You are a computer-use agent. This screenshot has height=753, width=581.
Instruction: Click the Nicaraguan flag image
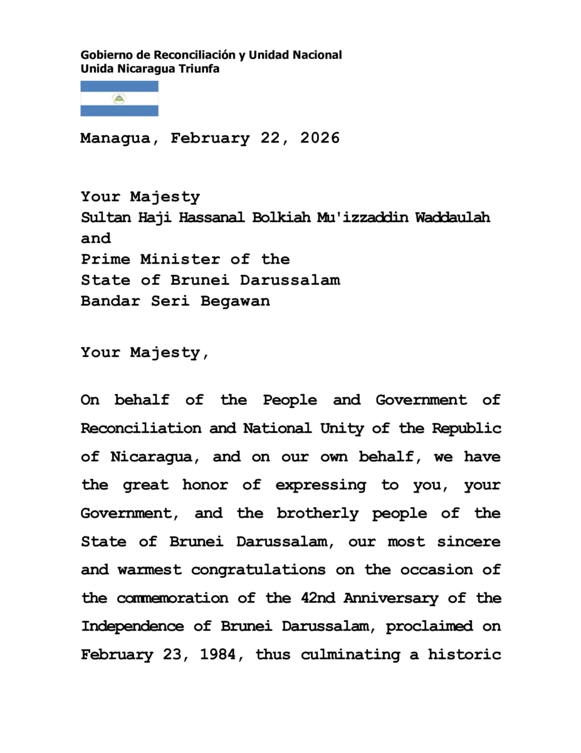click(119, 99)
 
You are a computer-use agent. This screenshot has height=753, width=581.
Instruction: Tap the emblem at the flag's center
click(119, 99)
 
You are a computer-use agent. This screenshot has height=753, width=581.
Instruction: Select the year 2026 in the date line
click(320, 139)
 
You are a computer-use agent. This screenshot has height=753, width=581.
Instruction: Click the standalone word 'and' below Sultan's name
click(95, 238)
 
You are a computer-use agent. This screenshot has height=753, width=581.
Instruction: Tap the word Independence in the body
click(140, 626)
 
